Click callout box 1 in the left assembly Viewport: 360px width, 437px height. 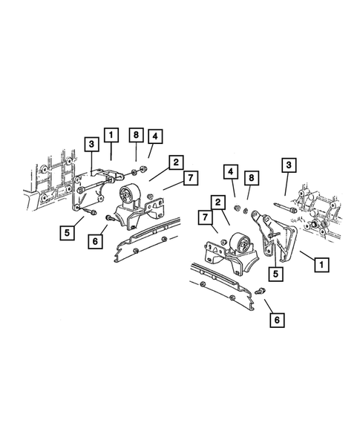point(111,135)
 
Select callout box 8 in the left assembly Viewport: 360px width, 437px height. point(135,135)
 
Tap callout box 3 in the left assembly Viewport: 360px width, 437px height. point(90,143)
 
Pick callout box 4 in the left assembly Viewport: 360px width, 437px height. point(155,137)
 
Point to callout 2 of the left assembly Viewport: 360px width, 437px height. point(176,162)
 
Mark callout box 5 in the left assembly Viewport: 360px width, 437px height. point(68,232)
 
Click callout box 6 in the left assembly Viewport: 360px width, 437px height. point(95,240)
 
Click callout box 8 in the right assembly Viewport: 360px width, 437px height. point(252,178)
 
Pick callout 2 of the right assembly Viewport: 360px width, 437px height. point(217,202)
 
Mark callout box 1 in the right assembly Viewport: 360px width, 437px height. point(322,263)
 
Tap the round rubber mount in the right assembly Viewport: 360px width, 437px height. point(238,243)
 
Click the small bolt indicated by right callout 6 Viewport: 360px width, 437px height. point(260,293)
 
